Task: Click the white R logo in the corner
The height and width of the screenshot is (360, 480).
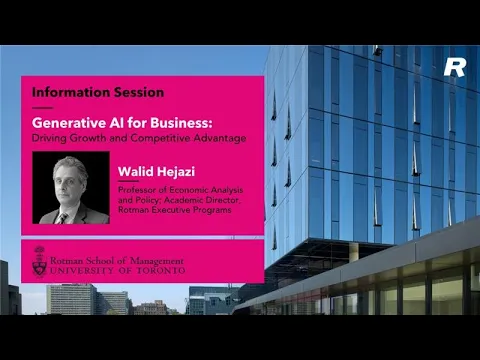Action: pos(455,68)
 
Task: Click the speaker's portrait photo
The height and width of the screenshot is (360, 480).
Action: pos(71,188)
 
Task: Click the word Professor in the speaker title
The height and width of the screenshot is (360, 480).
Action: pos(138,189)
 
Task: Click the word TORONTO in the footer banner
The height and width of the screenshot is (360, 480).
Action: pos(155,270)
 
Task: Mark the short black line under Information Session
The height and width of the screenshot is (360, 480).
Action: pos(42,107)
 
